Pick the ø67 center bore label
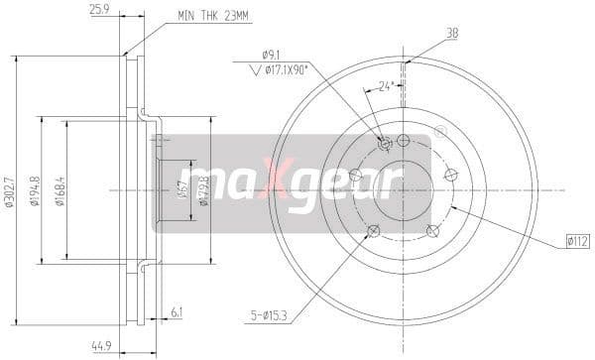(181, 189)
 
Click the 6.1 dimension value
(177, 312)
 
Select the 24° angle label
(388, 86)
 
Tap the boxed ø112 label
(578, 239)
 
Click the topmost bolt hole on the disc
(404, 140)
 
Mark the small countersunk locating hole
(386, 145)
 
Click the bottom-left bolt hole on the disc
(373, 231)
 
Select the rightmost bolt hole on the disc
(450, 175)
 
